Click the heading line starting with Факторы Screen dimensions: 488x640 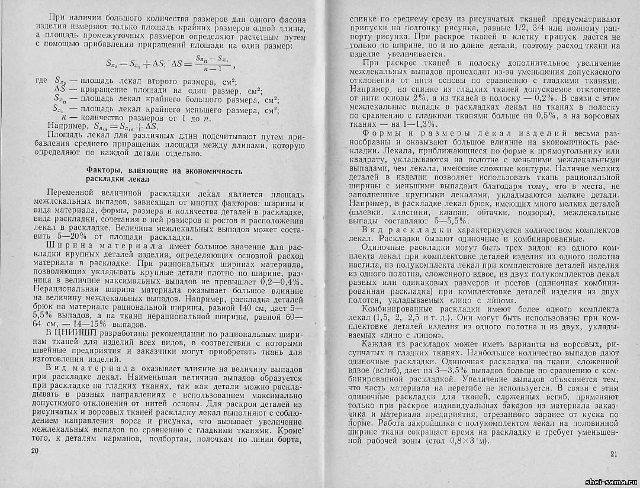pyautogui.click(x=164, y=171)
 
